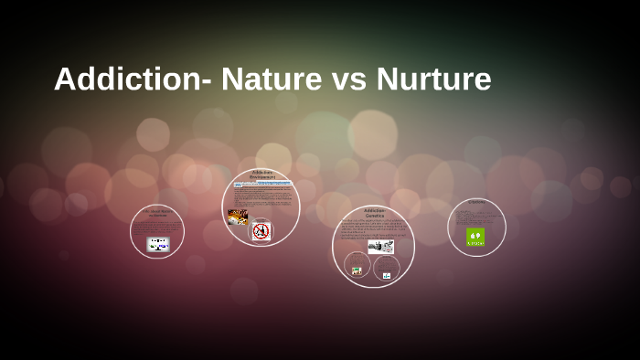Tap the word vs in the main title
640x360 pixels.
tap(347, 79)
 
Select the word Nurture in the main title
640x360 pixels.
tap(433, 79)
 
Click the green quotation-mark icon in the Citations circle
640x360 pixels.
tap(475, 237)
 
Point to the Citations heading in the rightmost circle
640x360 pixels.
tap(476, 202)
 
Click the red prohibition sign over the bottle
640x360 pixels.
tap(261, 231)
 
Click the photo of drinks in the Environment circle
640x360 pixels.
tap(238, 217)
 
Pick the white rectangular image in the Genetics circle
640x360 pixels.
tap(380, 247)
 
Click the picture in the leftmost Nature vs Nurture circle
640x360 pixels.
tap(158, 244)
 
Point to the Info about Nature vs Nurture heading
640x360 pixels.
tap(157, 213)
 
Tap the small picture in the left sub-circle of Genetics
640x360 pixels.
tap(357, 270)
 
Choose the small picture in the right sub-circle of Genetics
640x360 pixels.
tap(387, 274)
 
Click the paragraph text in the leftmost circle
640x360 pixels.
tap(157, 227)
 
